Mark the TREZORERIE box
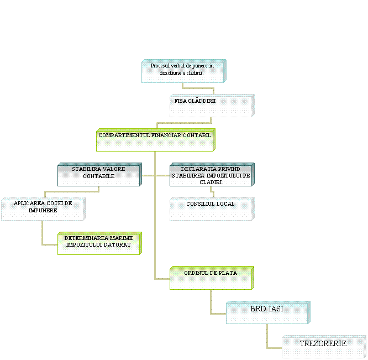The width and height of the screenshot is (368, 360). (323, 347)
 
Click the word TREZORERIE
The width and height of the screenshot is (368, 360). (323, 343)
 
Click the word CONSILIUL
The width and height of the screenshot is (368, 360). (198, 204)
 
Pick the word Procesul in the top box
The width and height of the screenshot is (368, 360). (160, 66)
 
